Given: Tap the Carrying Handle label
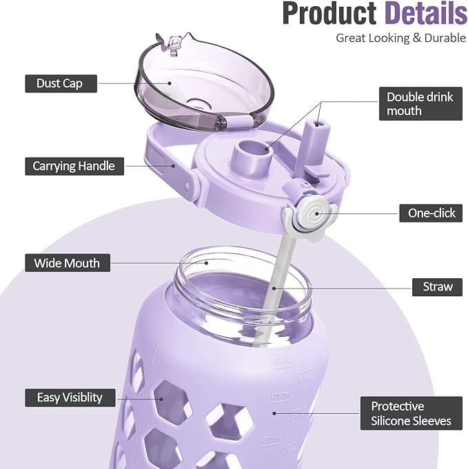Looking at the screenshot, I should pyautogui.click(x=74, y=166).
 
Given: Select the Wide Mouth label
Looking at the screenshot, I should pyautogui.click(x=67, y=263).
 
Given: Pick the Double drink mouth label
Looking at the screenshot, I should pyautogui.click(x=420, y=104).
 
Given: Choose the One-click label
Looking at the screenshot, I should pyautogui.click(x=431, y=213).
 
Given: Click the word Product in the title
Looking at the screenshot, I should pyautogui.click(x=328, y=15).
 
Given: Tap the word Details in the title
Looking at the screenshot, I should pyautogui.click(x=425, y=15).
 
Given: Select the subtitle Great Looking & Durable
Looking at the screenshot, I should pyautogui.click(x=400, y=38).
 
